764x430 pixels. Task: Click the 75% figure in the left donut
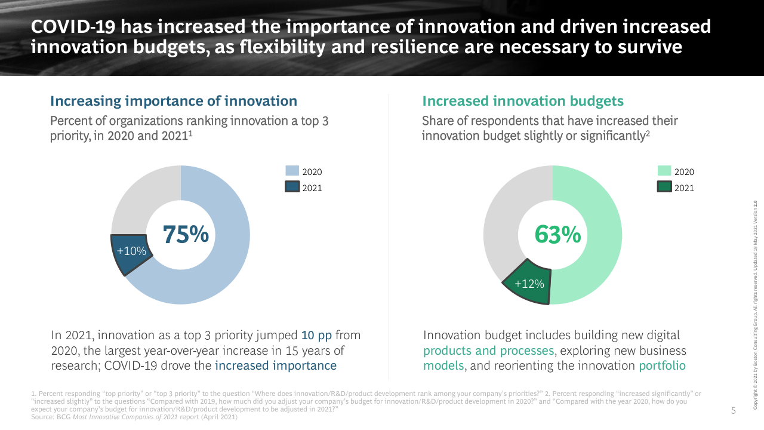[x=186, y=235]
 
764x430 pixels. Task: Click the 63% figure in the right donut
[x=557, y=235]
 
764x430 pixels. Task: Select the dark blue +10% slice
[x=131, y=252]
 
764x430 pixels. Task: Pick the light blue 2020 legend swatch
[x=292, y=171]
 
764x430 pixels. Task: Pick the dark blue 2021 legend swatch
[x=292, y=188]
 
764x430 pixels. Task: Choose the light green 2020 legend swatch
[x=664, y=171]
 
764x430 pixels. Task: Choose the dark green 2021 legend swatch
[x=664, y=188]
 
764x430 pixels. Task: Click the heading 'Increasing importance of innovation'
[x=174, y=101]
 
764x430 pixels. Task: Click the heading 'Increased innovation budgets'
[x=523, y=101]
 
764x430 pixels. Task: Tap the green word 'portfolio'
[x=662, y=365]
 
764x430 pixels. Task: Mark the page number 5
[x=734, y=410]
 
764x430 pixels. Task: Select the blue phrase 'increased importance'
[x=276, y=365]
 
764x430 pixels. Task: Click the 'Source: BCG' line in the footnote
[x=134, y=417]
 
